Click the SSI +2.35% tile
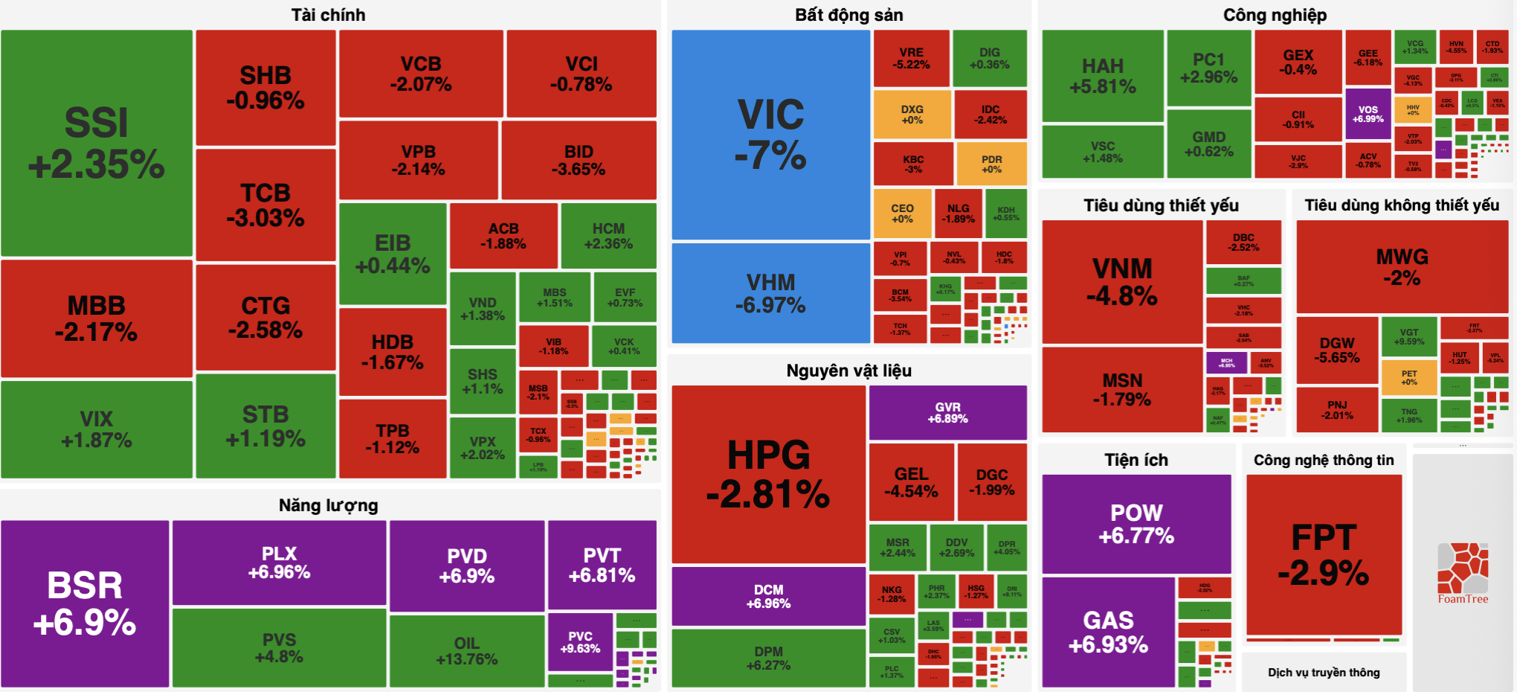coord(97,143)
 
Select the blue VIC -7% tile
coord(770,135)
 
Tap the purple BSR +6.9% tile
coord(85,603)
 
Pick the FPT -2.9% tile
coord(1324,554)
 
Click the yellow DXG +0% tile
coord(912,115)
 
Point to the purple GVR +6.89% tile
coord(947,412)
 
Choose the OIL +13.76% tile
coord(467,650)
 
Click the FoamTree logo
coord(1463,573)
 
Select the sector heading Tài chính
coord(328,15)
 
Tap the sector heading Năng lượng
coord(328,505)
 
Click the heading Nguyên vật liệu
coord(848,371)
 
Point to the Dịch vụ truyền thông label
coord(1324,673)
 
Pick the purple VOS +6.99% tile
coord(1368,114)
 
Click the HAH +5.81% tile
coord(1103,76)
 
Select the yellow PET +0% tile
coord(1408,377)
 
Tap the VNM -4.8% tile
coord(1121,281)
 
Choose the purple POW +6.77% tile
coord(1136,524)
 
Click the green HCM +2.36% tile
coord(608,236)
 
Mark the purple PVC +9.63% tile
coord(580,642)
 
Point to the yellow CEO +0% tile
coord(901,213)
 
